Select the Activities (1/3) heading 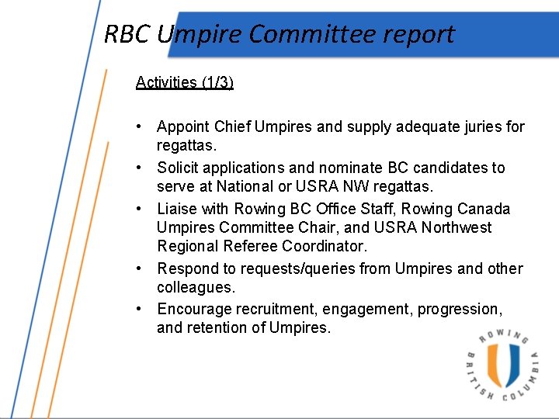[184, 82]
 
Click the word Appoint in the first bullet [183, 126]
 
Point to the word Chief [232, 126]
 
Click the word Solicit [178, 168]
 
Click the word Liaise [178, 209]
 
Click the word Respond [186, 268]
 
